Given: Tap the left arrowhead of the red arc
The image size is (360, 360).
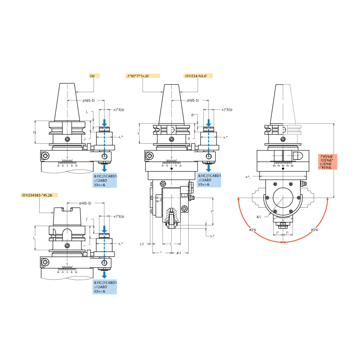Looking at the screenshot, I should point(239,198).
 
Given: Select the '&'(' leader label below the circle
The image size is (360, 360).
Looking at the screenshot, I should point(260,217).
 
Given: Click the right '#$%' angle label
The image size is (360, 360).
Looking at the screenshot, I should point(314,230).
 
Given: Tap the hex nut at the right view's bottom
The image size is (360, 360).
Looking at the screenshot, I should point(283,226).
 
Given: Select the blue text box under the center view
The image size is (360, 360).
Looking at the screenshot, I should point(209,180).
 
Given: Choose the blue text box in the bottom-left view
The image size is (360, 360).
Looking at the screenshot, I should point(105,287).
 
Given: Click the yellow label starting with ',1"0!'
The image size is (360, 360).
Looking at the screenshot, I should point(143,76).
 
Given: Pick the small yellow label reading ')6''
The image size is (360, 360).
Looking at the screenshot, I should point(94,76).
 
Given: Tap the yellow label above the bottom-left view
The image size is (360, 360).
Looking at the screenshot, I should point(39,195).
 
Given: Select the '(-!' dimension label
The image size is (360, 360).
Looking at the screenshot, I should point(142,244).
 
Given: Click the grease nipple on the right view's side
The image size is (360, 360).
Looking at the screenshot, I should point(305,184).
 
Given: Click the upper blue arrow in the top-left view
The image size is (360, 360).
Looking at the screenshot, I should point(104,123).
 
